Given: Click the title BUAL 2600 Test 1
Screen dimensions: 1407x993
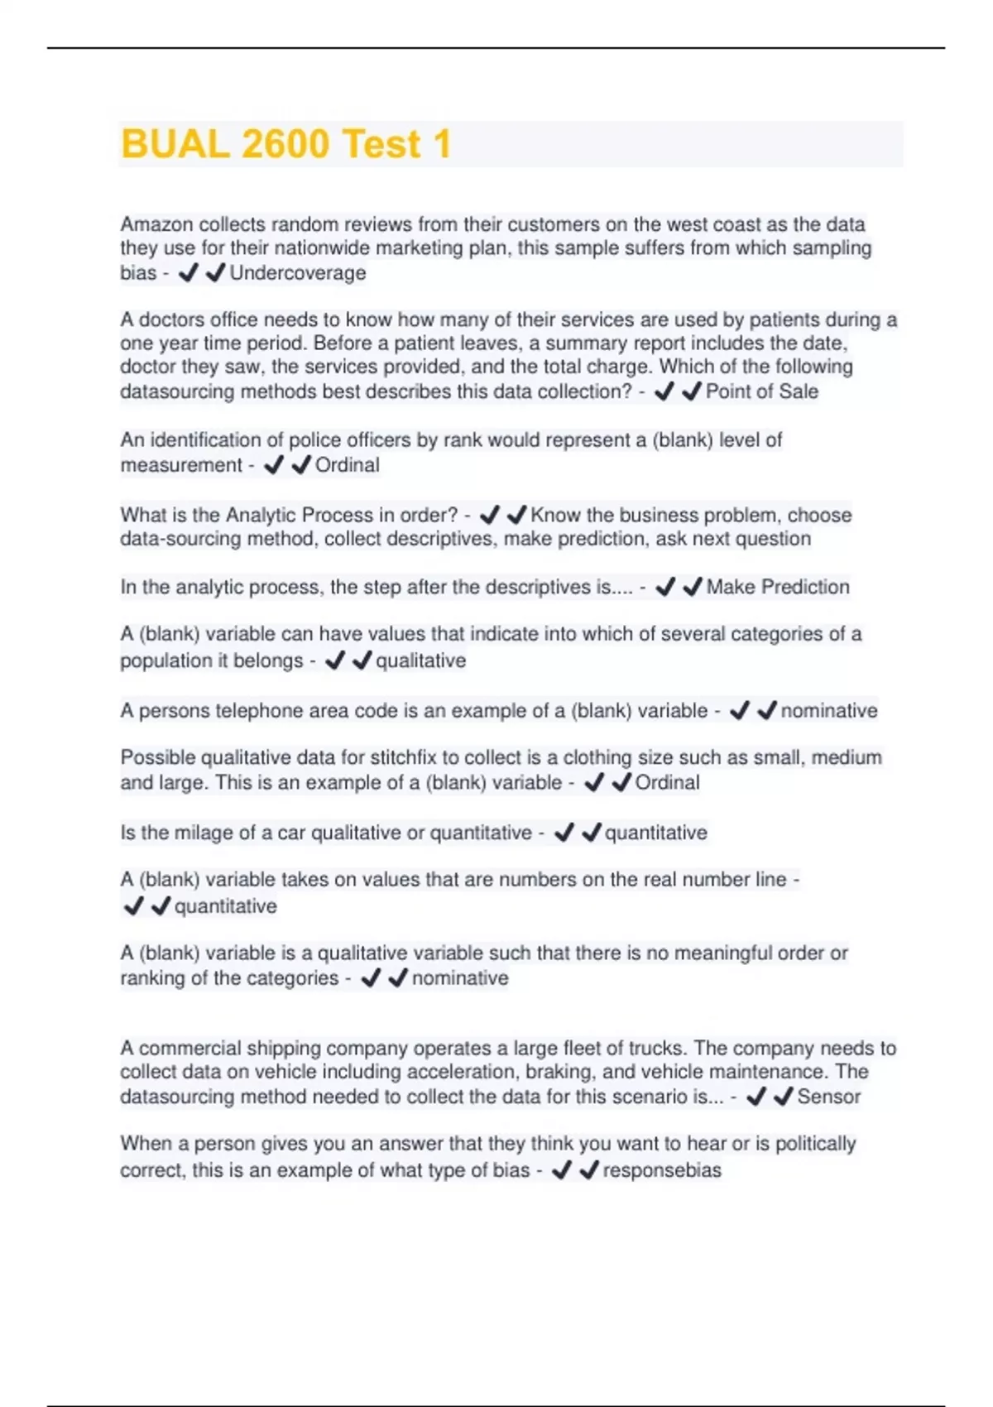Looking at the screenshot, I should pyautogui.click(x=286, y=144).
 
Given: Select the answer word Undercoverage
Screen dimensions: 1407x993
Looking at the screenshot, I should pyautogui.click(x=297, y=273).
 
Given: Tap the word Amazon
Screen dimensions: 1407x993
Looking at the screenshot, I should pyautogui.click(x=156, y=224).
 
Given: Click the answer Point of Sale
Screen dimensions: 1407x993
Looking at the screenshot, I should pyautogui.click(x=761, y=391).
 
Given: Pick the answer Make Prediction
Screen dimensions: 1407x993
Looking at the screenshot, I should pyautogui.click(x=777, y=587).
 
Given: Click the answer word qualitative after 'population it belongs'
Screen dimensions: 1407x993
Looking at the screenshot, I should pyautogui.click(x=420, y=660).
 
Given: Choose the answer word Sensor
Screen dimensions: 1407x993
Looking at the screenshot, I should pyautogui.click(x=828, y=1097).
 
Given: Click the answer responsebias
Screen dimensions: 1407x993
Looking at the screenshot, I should pyautogui.click(x=662, y=1170).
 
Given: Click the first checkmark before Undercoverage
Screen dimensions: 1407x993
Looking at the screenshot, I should pyautogui.click(x=188, y=272).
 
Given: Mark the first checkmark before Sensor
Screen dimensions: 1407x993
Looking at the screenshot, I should pyautogui.click(x=756, y=1097).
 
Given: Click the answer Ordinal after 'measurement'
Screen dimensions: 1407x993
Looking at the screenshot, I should pyautogui.click(x=347, y=465).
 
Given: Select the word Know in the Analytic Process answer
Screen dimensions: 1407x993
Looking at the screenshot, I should pyautogui.click(x=555, y=515).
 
